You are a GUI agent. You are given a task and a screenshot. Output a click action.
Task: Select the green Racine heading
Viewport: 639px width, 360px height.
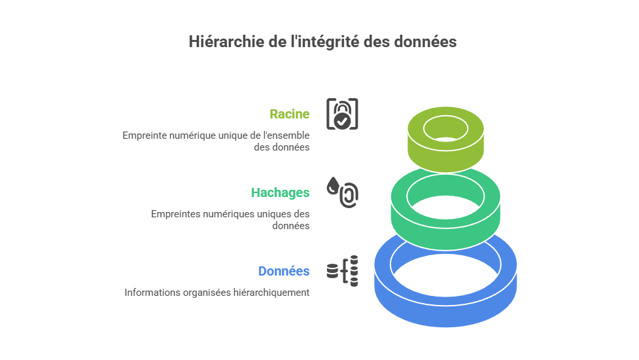click(x=289, y=114)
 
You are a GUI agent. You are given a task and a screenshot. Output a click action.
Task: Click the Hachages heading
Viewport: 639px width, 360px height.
click(x=280, y=192)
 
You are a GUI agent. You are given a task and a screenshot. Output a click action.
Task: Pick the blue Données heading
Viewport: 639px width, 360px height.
click(x=283, y=271)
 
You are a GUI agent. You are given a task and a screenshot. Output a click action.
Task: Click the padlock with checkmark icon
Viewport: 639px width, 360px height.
click(x=342, y=114)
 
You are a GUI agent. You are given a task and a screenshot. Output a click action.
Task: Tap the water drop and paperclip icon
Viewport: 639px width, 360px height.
click(x=342, y=192)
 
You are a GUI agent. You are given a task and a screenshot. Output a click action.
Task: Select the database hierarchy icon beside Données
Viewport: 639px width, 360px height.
click(x=342, y=270)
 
